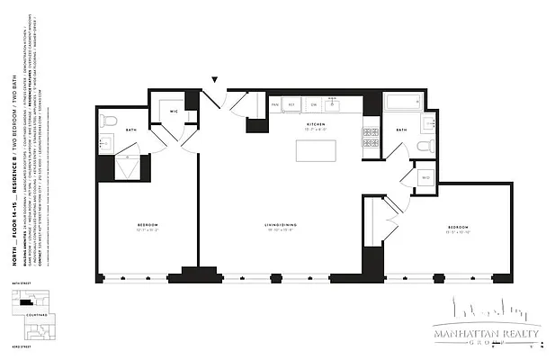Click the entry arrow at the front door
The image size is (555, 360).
point(214,81)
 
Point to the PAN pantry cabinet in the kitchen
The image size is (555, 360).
point(275,104)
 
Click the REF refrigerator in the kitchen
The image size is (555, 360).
point(293,104)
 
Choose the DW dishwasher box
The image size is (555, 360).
point(313,104)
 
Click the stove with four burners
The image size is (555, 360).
point(371,137)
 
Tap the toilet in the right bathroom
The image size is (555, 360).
point(428,145)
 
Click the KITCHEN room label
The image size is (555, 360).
point(315,124)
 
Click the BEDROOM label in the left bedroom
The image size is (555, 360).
point(148,224)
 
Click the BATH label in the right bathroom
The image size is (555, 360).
point(401,130)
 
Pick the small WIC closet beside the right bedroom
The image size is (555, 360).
point(425,178)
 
